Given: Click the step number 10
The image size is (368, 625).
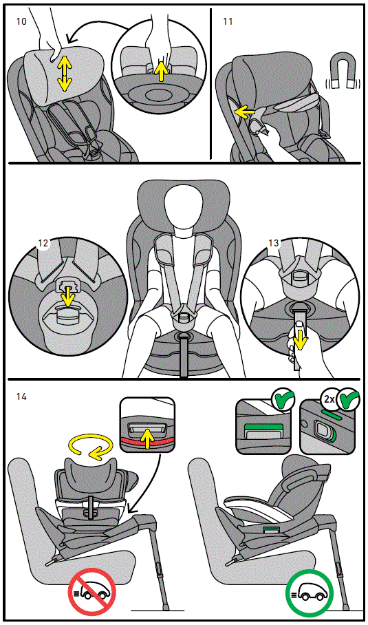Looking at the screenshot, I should click(21, 21).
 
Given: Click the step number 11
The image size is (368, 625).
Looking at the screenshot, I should click(228, 21).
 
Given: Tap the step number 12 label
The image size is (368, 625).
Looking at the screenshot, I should click(43, 243).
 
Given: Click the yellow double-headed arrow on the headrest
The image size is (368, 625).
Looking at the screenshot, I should click(63, 74).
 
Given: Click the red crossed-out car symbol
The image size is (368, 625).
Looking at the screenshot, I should click(92, 591).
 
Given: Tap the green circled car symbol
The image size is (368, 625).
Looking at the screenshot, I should click(309, 591).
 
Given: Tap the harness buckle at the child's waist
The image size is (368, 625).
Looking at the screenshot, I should click(184, 317).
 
